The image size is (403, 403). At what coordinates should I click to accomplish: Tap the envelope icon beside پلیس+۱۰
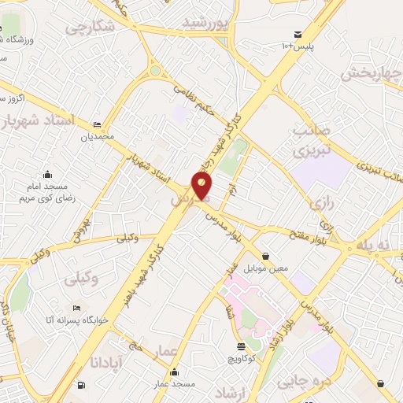(298, 34)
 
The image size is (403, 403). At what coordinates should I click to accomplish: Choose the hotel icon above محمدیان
(97, 124)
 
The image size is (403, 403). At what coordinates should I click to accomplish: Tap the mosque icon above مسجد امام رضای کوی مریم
(48, 174)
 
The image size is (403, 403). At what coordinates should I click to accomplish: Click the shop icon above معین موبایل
(266, 256)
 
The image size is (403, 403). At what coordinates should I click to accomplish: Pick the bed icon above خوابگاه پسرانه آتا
(76, 308)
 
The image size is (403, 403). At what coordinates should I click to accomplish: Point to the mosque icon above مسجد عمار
(173, 372)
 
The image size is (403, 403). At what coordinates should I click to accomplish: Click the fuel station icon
(82, 385)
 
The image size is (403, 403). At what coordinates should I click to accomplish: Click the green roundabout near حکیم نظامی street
(156, 71)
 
